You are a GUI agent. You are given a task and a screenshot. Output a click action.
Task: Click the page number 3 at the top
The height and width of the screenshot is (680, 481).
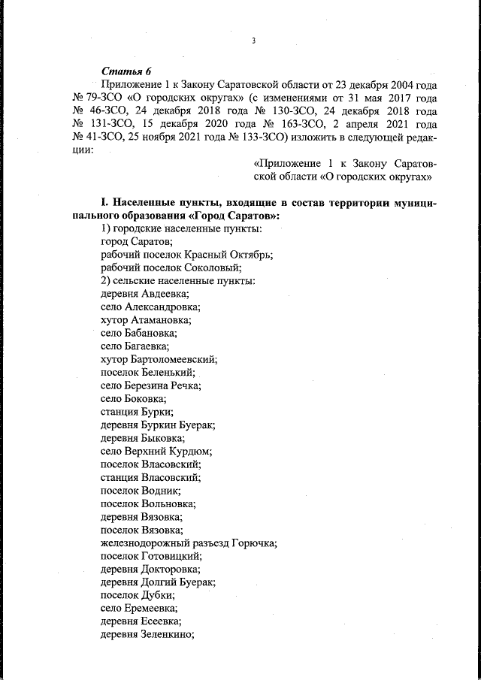point(253,41)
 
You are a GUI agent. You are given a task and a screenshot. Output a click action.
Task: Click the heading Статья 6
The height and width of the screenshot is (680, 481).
point(122,71)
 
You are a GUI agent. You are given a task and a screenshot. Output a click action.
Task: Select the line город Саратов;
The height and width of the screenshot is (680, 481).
point(137,242)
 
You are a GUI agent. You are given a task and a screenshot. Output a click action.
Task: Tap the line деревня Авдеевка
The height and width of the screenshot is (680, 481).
point(144,294)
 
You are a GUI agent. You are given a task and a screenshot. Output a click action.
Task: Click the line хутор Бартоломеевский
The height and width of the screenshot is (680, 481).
point(159,359)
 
